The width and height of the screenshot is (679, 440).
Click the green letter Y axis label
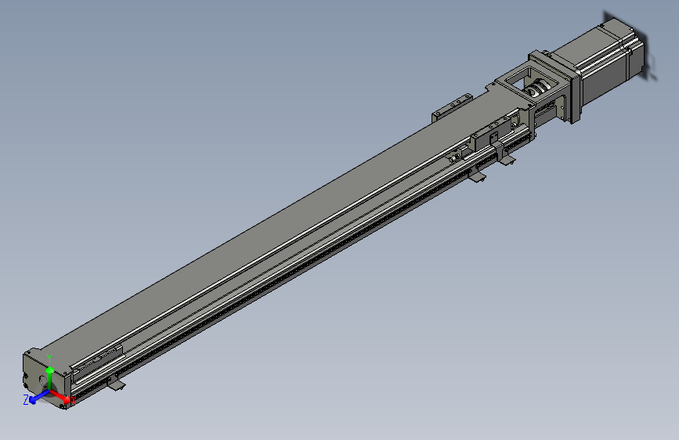[x=49, y=356]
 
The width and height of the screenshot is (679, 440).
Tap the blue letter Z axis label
[x=26, y=400]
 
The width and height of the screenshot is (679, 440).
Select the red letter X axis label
[x=74, y=401]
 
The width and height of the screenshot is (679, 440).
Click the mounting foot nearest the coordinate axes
[x=116, y=383]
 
